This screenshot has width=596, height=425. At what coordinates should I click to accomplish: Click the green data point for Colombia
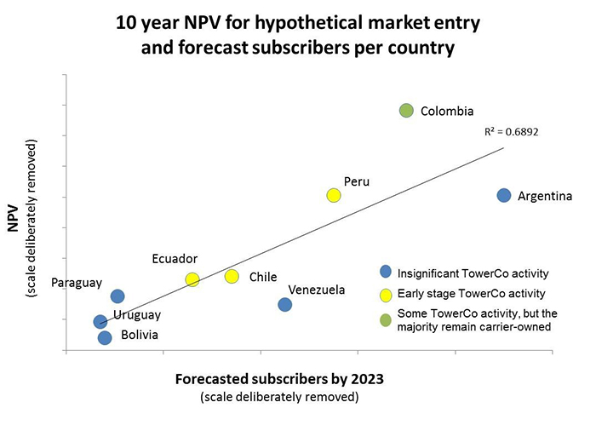406,111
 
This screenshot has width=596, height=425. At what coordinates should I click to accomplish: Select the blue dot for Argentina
503,195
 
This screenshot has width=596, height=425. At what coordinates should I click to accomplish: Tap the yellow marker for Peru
334,195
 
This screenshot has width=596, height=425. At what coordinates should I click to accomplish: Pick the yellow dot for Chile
232,276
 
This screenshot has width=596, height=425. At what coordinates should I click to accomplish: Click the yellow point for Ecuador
192,279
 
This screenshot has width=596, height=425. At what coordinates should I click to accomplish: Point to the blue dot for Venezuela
285,305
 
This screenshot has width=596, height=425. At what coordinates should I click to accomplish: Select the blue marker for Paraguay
117,296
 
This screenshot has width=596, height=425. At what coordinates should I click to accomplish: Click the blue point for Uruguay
100,322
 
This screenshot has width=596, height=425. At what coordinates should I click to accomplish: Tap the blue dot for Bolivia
105,338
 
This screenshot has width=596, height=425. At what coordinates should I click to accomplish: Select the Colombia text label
447,111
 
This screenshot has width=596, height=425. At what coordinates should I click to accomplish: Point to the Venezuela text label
317,290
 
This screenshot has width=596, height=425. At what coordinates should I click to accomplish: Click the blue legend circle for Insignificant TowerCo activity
385,273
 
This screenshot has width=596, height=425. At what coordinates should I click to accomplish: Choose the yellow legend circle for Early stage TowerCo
385,296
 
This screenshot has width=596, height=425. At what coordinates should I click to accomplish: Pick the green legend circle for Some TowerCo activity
385,319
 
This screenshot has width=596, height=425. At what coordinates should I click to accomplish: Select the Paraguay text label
77,282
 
